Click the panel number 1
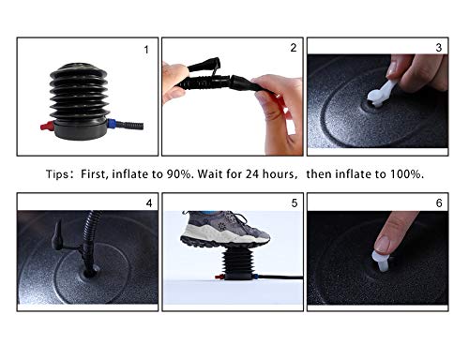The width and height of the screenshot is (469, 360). pyautogui.click(x=146, y=50)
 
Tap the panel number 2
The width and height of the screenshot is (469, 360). pyautogui.click(x=293, y=48)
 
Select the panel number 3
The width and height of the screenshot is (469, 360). pyautogui.click(x=438, y=48)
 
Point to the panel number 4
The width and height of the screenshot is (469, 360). pyautogui.click(x=149, y=203)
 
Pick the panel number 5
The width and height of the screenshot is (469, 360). pyautogui.click(x=295, y=203)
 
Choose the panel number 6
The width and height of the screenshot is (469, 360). pyautogui.click(x=439, y=203)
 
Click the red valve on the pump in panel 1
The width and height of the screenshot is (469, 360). pyautogui.click(x=47, y=127)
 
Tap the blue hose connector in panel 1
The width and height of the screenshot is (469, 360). pyautogui.click(x=112, y=124)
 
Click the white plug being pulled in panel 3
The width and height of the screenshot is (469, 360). pyautogui.click(x=382, y=93)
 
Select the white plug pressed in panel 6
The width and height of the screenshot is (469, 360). pyautogui.click(x=381, y=261)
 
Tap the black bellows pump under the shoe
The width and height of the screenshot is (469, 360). pyautogui.click(x=235, y=262)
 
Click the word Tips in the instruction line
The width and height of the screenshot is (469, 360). pyautogui.click(x=56, y=174)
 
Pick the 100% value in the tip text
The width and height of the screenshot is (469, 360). pyautogui.click(x=406, y=174)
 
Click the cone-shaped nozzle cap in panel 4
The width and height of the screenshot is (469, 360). pyautogui.click(x=57, y=235)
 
